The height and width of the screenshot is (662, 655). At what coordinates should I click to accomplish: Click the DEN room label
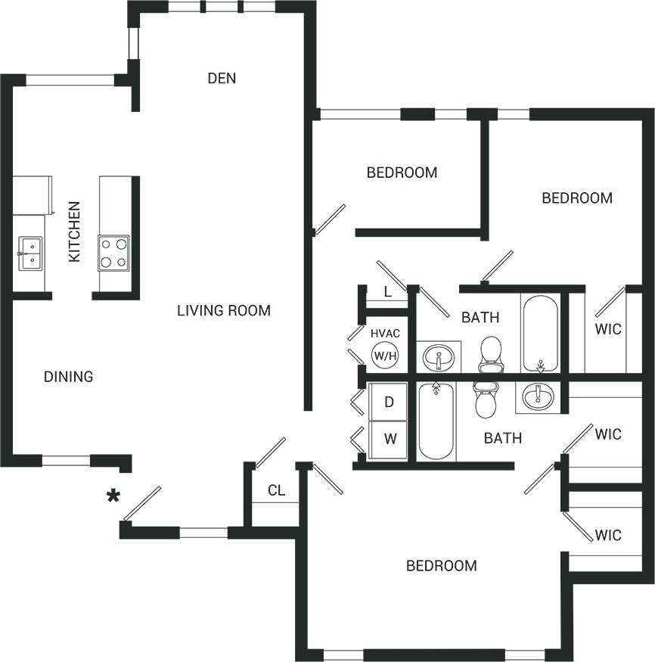(222, 78)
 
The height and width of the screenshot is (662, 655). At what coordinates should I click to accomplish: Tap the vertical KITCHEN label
(74, 232)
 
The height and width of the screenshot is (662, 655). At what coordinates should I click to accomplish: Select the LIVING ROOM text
(223, 310)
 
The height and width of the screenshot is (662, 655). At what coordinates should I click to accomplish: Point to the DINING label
(68, 376)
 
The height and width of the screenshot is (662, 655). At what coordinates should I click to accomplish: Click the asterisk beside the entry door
(113, 496)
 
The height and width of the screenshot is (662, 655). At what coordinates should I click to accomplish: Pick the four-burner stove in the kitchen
(113, 253)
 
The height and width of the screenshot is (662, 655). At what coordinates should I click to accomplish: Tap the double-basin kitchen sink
(31, 253)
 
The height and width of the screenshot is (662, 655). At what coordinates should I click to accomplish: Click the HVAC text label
(384, 333)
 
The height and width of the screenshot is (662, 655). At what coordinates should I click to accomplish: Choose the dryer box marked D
(389, 402)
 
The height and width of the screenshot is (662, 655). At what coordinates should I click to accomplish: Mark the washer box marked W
(389, 438)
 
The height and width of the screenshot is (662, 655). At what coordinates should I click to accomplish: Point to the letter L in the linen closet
(386, 292)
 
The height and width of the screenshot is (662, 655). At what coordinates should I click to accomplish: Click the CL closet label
(276, 490)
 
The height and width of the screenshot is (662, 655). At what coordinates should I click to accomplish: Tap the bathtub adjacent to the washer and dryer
(436, 421)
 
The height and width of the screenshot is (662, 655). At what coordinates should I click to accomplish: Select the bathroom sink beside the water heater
(438, 357)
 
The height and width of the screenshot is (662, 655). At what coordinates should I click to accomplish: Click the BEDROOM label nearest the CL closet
(441, 565)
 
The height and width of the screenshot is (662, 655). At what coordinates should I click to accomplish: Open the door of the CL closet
(269, 453)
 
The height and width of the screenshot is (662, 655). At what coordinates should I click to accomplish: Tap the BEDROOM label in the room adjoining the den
(402, 172)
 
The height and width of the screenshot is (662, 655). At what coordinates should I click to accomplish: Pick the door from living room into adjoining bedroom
(330, 219)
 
